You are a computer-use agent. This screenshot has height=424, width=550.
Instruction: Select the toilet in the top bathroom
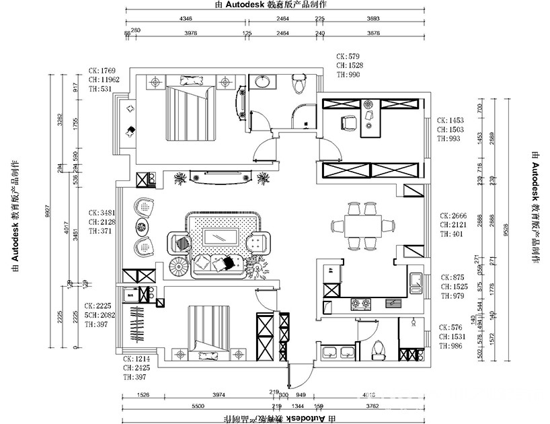tap(299, 85)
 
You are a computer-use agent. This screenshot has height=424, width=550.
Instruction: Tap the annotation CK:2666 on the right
tap(450, 215)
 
